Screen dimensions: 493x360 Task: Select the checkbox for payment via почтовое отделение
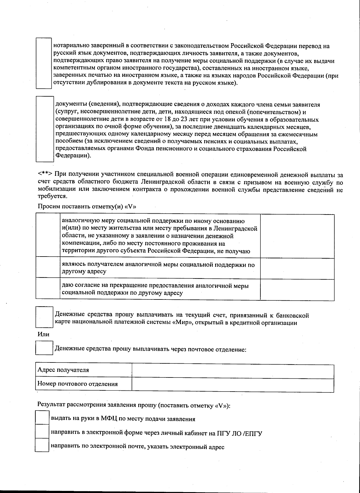pyautogui.click(x=44, y=348)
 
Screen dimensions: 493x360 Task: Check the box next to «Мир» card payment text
pyautogui.click(x=44, y=317)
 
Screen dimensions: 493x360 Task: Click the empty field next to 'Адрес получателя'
pyautogui.click(x=233, y=372)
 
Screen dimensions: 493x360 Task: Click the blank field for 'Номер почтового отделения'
pyautogui.click(x=233, y=384)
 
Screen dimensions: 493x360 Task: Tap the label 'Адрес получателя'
pyautogui.click(x=63, y=370)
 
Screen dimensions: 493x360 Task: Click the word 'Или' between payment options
pyautogui.click(x=43, y=334)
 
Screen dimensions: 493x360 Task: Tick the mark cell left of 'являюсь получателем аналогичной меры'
pyautogui.click(x=48, y=268)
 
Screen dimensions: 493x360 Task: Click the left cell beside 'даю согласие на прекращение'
pyautogui.click(x=48, y=289)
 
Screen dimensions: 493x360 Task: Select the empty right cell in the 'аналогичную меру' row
pyautogui.click(x=297, y=236)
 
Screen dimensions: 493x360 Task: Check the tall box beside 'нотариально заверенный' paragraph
pyautogui.click(x=44, y=63)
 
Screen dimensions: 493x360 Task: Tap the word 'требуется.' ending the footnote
pyautogui.click(x=52, y=196)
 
